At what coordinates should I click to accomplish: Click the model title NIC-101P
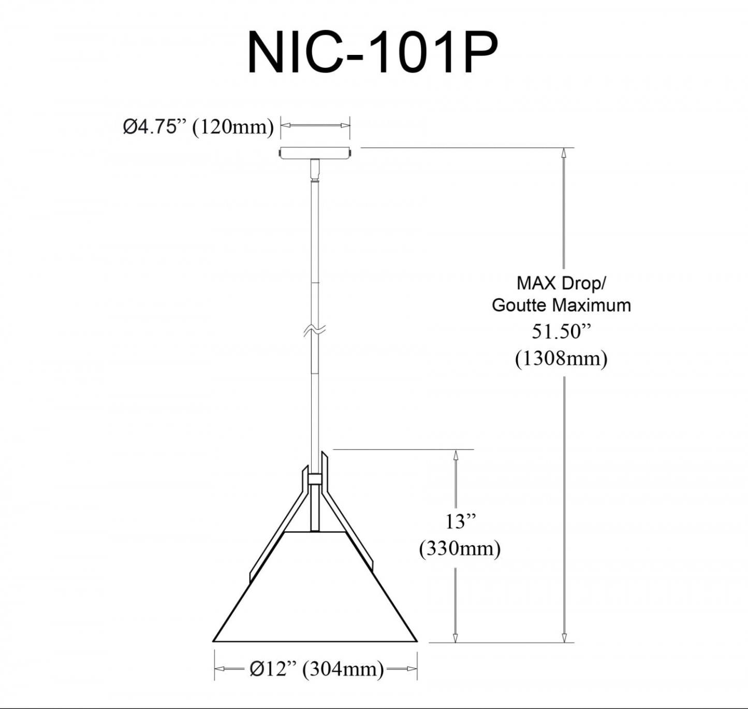(x=372, y=53)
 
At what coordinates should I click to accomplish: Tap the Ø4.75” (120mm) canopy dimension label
(x=198, y=126)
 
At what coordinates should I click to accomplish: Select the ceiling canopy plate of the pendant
(x=315, y=153)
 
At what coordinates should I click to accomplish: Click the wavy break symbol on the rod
(x=315, y=330)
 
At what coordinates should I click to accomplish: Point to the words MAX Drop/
(x=561, y=283)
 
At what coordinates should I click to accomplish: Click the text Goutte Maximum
(x=561, y=305)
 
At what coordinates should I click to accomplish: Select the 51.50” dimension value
(x=561, y=331)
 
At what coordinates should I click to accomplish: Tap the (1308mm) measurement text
(x=561, y=358)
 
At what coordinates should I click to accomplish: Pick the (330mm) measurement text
(x=460, y=548)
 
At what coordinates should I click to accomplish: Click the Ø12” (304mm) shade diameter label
(x=316, y=669)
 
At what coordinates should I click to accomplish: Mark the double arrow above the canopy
(x=315, y=125)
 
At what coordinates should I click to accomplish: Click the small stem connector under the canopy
(x=315, y=170)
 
